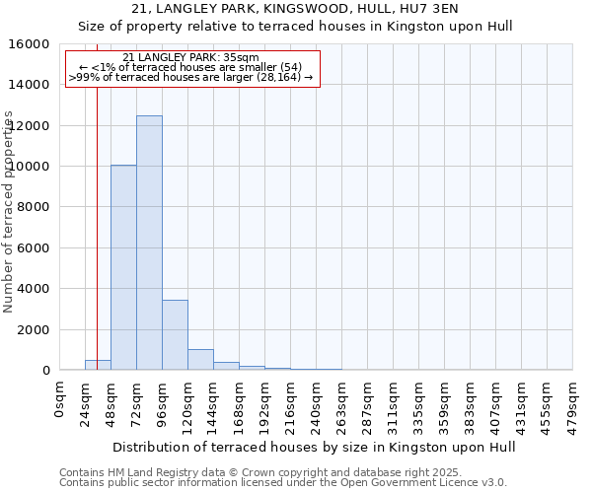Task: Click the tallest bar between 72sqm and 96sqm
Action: [149, 243]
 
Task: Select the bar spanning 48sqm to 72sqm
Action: [123, 267]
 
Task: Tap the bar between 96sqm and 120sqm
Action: [175, 335]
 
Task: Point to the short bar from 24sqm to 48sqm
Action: [98, 365]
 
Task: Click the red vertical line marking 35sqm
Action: [97, 197]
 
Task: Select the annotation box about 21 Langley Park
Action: [192, 69]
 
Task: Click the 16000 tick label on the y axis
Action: [32, 44]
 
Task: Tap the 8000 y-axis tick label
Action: [36, 207]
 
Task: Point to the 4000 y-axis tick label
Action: [36, 289]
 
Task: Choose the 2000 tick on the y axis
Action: [36, 329]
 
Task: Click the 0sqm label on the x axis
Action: [59, 399]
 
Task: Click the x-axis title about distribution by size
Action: [316, 447]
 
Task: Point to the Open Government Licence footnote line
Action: [283, 483]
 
